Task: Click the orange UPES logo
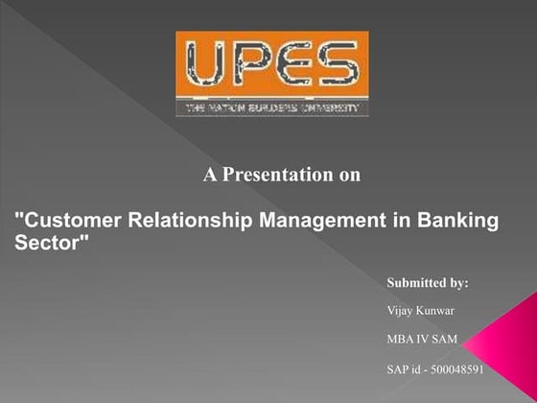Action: (x=271, y=74)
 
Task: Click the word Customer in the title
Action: (x=61, y=222)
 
